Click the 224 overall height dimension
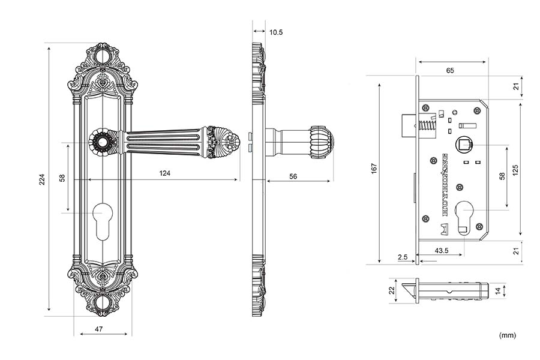pos(41,179)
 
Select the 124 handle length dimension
pos(164,173)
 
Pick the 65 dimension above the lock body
pos(450,71)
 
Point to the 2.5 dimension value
pos(403,257)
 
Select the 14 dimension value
pos(497,291)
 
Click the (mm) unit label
pos(507,335)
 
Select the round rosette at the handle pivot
pos(100,142)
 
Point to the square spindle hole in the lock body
pos(463,144)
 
